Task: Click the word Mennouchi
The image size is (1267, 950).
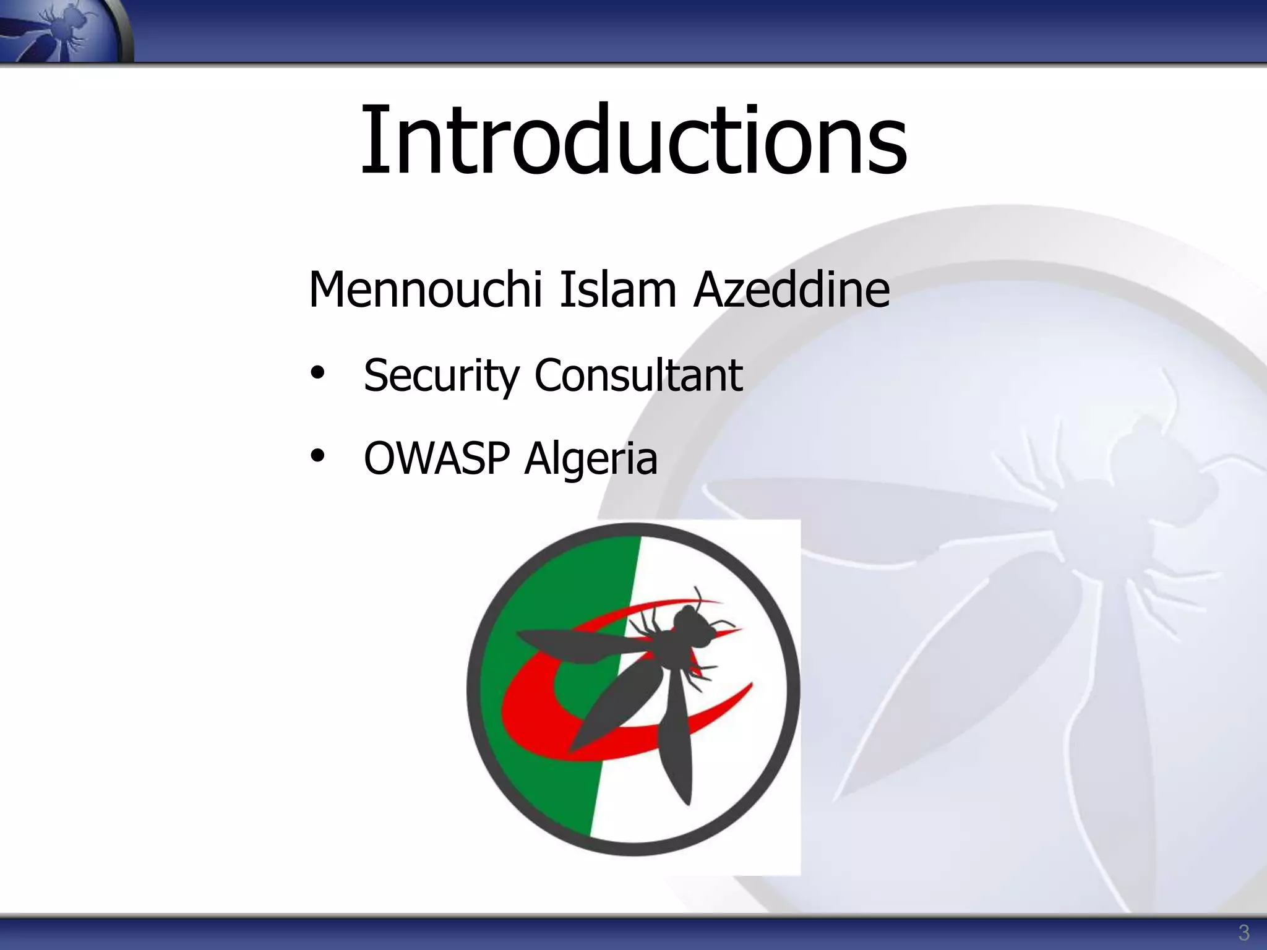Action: click(x=425, y=289)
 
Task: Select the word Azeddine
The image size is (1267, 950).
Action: click(x=791, y=289)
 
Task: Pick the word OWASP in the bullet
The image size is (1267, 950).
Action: click(x=437, y=458)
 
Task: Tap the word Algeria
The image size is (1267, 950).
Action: click(x=591, y=460)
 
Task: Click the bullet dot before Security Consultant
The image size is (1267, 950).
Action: click(x=317, y=373)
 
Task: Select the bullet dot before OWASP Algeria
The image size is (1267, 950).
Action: click(x=317, y=456)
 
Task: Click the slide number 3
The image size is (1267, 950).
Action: click(x=1243, y=932)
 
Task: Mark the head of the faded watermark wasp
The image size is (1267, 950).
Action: click(x=1145, y=445)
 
